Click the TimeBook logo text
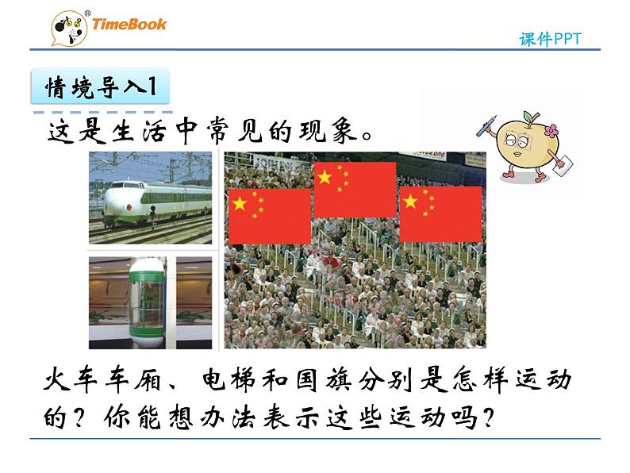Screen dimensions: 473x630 tap(129, 24)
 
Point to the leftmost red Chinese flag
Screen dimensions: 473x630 tap(269, 216)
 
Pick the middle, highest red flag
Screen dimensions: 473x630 tap(355, 190)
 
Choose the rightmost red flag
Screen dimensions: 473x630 tap(440, 213)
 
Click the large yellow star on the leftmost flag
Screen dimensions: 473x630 tap(240, 203)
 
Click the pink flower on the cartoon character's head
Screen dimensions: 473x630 tap(550, 130)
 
